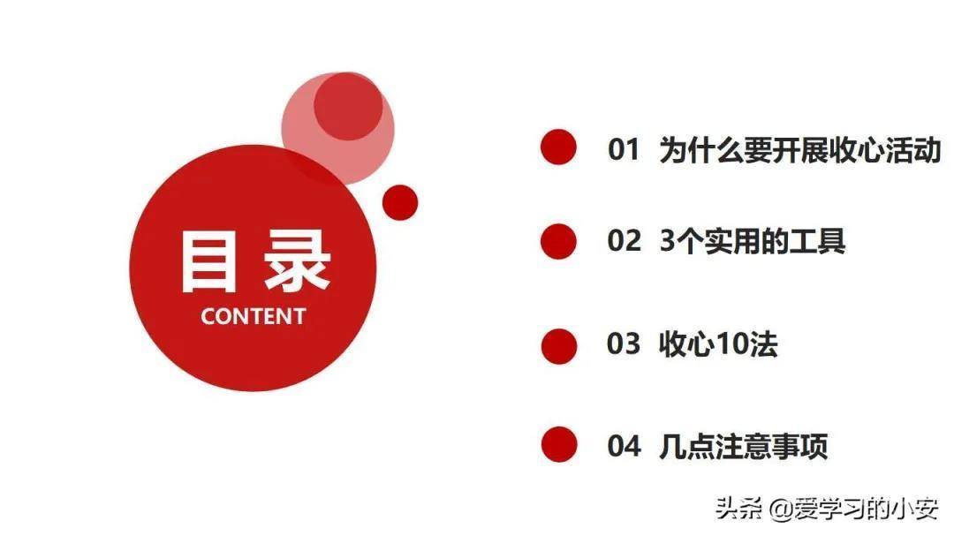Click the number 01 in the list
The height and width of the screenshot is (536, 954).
point(623,149)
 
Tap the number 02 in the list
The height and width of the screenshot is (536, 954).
point(624,240)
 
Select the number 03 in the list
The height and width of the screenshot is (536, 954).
point(623,343)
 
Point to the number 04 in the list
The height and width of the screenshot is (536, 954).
point(624,446)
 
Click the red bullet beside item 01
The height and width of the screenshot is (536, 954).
point(558,147)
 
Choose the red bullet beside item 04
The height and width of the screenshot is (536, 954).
point(558,444)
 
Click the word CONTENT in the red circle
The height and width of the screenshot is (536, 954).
point(253,316)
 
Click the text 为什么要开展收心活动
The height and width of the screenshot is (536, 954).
point(799,149)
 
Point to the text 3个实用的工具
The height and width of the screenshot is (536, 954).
point(753,240)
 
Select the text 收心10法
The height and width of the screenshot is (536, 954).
point(717,343)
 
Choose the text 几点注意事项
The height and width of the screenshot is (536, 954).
point(744,446)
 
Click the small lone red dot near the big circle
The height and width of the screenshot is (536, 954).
point(400,202)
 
